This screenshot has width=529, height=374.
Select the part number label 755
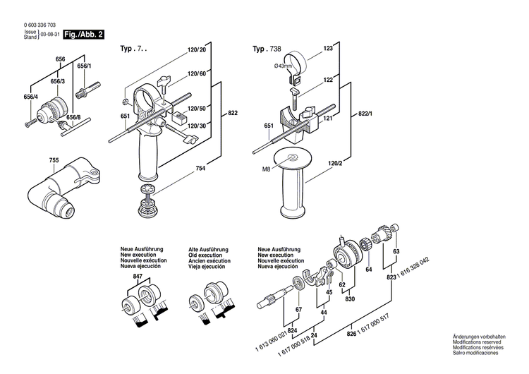pyautogui.click(x=54, y=160)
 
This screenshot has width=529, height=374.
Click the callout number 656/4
pyautogui.click(x=30, y=97)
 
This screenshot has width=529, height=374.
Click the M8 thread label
pyautogui.click(x=267, y=169)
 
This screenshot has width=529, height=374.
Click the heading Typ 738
pyautogui.click(x=268, y=49)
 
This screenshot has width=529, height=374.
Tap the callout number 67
pyautogui.click(x=298, y=310)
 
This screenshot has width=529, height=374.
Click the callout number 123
pyautogui.click(x=328, y=49)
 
